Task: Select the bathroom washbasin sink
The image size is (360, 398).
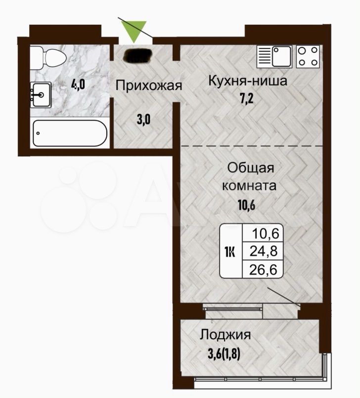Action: point(41,95)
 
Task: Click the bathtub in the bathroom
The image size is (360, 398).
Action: point(70,133)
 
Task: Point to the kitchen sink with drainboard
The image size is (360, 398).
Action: point(274,56)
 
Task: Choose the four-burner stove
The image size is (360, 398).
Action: point(308,56)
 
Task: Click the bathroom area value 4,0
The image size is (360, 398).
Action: point(78,84)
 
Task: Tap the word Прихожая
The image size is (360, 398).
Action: point(149,86)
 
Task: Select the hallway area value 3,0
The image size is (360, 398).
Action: point(143,119)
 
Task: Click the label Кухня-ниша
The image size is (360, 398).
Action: point(248,81)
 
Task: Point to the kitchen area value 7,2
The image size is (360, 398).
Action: point(247,99)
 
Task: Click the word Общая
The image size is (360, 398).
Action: point(251,168)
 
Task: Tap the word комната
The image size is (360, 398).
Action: point(249,186)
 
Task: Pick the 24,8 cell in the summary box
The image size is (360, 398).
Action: point(264,251)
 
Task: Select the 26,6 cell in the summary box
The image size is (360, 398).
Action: point(263,269)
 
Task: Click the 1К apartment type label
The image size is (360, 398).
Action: point(229,252)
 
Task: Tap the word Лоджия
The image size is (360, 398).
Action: point(225,335)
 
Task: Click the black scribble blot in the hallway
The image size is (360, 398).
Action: point(137,55)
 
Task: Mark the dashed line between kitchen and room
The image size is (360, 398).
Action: point(252,146)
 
